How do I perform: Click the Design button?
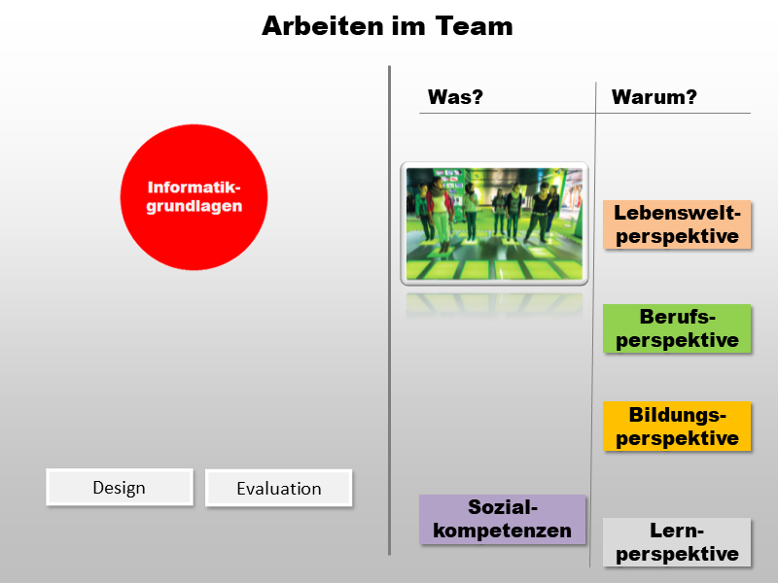(120, 487)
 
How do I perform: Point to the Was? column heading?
(455, 97)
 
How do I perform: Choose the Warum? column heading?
(654, 97)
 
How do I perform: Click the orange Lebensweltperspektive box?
(678, 224)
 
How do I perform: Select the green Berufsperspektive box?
(678, 328)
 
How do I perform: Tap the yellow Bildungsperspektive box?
(678, 426)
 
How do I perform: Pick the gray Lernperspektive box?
(678, 542)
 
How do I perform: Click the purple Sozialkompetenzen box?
(503, 519)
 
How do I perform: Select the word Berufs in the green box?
(678, 317)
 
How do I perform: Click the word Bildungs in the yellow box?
(678, 415)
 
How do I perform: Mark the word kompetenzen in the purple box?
(503, 531)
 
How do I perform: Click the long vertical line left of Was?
(389, 311)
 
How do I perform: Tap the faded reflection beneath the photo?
(494, 303)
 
